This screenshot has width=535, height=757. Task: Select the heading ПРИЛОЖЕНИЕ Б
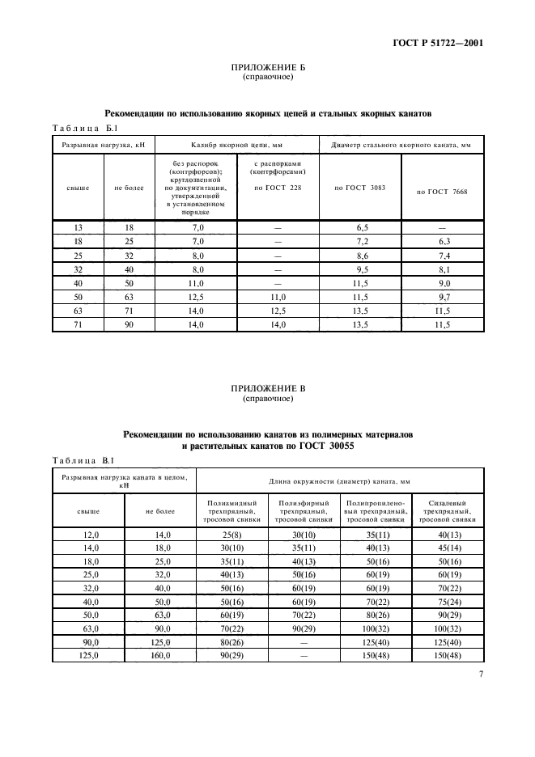pos(267,68)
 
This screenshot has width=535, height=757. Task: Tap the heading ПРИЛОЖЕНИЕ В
pos(267,388)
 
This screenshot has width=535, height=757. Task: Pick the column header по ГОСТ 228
pos(277,187)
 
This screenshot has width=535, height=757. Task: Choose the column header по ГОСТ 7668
pos(442,192)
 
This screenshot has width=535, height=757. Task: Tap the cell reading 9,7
pos(442,298)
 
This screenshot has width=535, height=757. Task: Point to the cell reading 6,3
pos(442,243)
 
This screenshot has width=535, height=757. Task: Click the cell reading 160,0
pos(160,656)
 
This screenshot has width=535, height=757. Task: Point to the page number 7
pos(481,694)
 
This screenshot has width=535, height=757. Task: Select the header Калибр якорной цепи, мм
pos(233,145)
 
